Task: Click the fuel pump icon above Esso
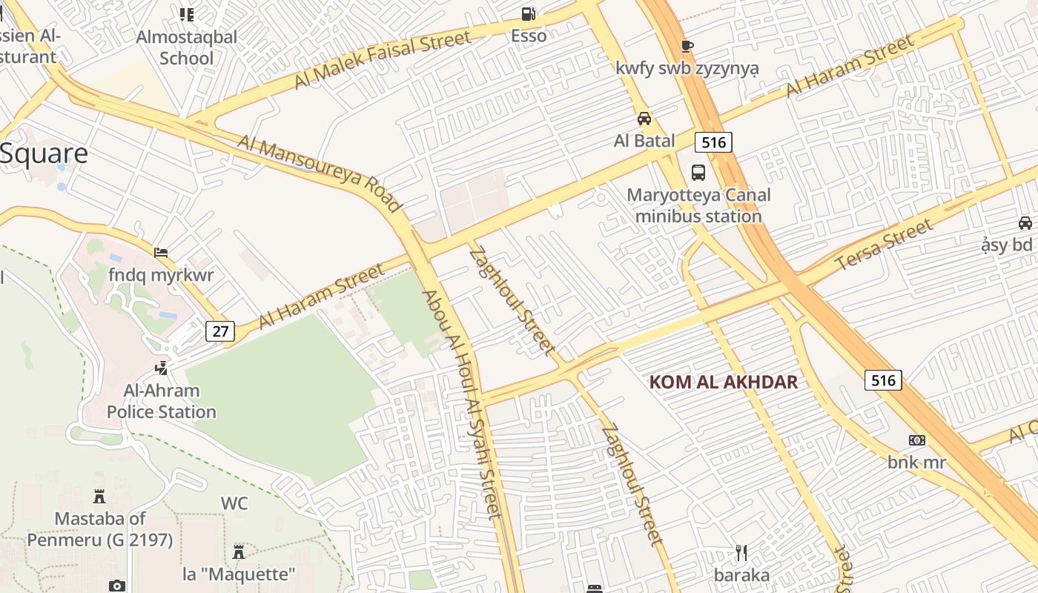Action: (528, 13)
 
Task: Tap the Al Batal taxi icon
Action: (644, 119)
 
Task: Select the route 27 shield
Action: (220, 331)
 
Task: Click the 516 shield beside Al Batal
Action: (713, 142)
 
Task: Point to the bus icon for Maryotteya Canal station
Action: (698, 173)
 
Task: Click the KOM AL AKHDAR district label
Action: (724, 382)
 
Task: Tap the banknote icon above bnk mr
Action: (917, 440)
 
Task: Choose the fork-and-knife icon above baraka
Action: (741, 552)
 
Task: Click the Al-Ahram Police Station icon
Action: (161, 368)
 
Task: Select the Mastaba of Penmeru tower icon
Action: (99, 496)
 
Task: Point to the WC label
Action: (234, 503)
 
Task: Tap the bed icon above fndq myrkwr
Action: (160, 253)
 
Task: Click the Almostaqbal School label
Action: (187, 47)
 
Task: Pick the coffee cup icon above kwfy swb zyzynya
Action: (687, 46)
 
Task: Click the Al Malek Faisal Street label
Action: (382, 60)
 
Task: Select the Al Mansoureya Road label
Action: (320, 173)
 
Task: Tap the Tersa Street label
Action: (883, 245)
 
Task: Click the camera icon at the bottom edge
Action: (117, 586)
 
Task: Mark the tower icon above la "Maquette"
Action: (239, 552)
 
